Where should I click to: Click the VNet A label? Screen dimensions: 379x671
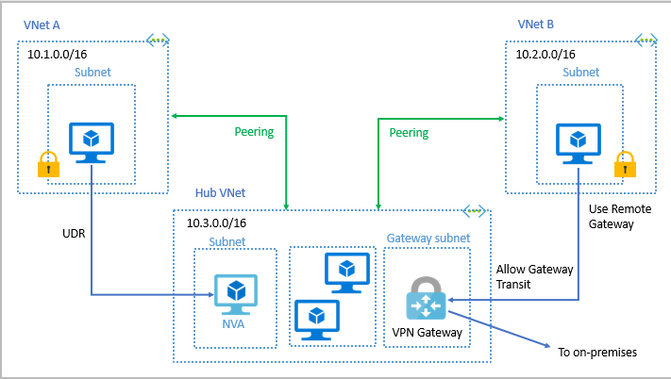click(42, 24)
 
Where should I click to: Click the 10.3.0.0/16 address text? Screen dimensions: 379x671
click(216, 223)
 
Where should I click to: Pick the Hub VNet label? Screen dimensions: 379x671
click(220, 192)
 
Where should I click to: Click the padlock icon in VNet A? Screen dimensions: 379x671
click(48, 164)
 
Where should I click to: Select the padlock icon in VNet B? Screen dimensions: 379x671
click(624, 164)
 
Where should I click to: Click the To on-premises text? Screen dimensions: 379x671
click(597, 353)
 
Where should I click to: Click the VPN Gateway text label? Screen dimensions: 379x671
click(427, 333)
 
